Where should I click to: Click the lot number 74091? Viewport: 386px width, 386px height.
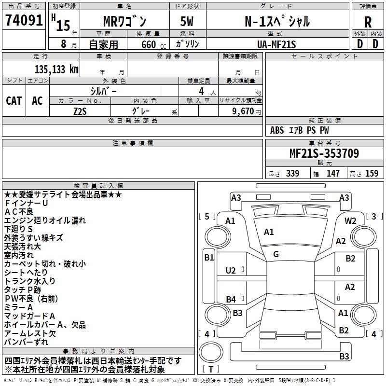pos(24,20)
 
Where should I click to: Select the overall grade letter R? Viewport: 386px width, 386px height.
pos(368,22)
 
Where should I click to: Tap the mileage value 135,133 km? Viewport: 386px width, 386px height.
pos(56,69)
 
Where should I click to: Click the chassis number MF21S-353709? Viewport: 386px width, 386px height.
pos(324,153)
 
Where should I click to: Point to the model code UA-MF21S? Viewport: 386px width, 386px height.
pos(276,44)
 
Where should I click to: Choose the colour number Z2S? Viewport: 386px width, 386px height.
pos(80,111)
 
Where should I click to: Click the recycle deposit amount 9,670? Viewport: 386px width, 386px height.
pos(243,111)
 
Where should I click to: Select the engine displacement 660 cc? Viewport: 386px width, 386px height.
pos(153,44)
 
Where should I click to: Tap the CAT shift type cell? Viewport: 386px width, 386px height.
pos(14,100)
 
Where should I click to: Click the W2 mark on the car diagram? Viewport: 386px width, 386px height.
pos(350,221)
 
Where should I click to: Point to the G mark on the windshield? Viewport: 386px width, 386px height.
pos(276,254)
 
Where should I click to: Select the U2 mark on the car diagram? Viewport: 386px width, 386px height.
pos(231,271)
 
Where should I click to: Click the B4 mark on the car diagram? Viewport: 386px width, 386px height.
pos(231,299)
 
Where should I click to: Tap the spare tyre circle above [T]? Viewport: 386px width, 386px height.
pos(211,352)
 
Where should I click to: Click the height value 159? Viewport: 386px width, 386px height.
pos(372,173)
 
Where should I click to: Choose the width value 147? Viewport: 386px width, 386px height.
pos(333,173)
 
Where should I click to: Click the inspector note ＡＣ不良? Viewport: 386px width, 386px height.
pos(19,212)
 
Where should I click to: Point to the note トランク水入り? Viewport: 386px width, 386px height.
pos(30,281)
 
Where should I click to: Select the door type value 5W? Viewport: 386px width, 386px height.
pos(187,21)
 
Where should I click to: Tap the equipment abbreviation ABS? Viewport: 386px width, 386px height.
pos(277,130)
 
